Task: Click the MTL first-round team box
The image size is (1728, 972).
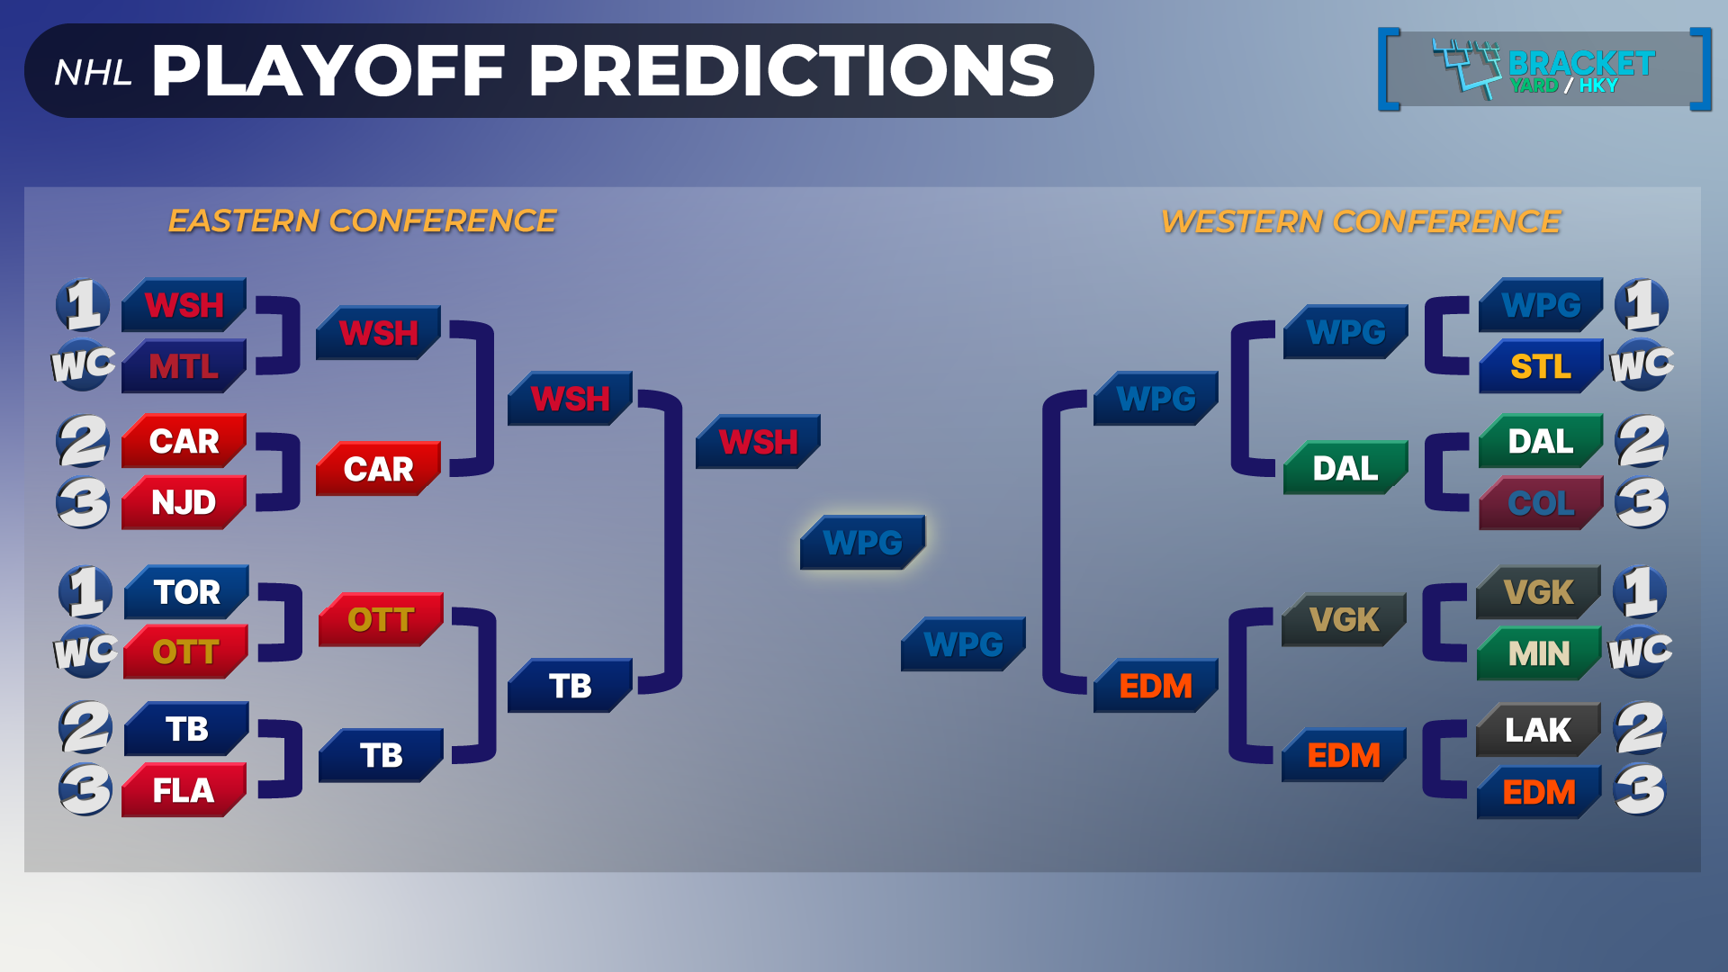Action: (184, 366)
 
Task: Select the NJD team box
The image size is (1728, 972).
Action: (184, 502)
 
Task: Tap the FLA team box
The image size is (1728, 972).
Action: (184, 790)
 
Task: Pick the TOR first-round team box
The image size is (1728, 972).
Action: (186, 591)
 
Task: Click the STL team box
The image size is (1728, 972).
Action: (1541, 366)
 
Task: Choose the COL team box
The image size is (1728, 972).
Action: (1541, 502)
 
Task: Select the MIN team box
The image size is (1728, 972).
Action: (1539, 652)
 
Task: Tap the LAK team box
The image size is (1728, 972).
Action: (1538, 729)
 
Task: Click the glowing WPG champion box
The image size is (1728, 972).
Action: (862, 542)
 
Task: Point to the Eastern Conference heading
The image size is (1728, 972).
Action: (362, 220)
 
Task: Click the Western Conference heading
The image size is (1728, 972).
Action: (1361, 221)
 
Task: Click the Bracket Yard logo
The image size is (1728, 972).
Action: (1544, 69)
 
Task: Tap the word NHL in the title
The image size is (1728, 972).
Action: (94, 73)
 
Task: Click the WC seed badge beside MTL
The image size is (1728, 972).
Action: (83, 365)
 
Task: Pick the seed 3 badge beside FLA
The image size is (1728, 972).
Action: (85, 789)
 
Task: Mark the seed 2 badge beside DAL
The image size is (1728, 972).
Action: (1642, 441)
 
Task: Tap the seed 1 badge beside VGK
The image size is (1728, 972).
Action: (1640, 591)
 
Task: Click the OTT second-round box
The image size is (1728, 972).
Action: (381, 619)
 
